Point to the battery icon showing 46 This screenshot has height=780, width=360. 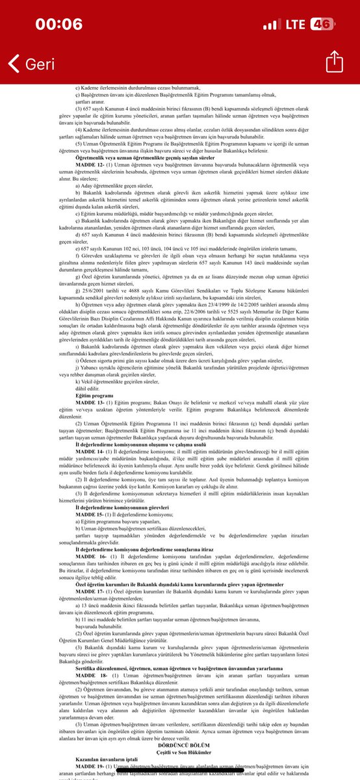point(322,24)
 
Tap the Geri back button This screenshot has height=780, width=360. point(32,64)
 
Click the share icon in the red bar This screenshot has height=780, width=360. point(333,62)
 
